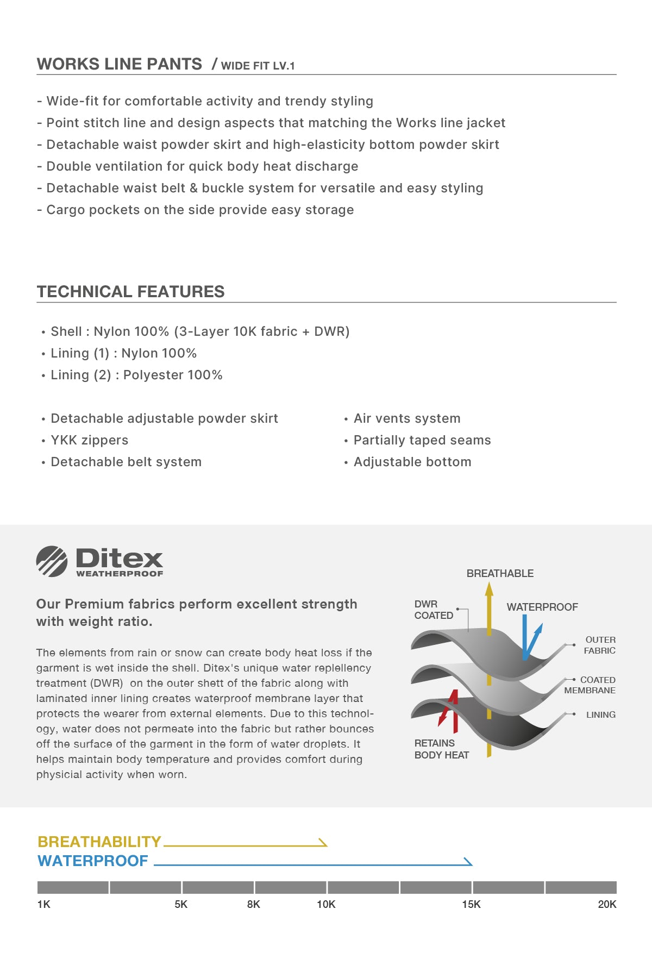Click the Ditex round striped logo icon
pyautogui.click(x=52, y=561)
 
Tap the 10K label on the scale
pyautogui.click(x=326, y=904)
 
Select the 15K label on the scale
pyautogui.click(x=471, y=904)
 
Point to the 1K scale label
pyautogui.click(x=43, y=904)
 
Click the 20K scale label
pyautogui.click(x=607, y=904)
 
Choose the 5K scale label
pyautogui.click(x=181, y=904)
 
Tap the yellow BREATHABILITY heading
pyautogui.click(x=99, y=842)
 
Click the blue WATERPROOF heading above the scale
pyautogui.click(x=93, y=861)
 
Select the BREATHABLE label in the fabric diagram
pyautogui.click(x=500, y=573)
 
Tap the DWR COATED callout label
pyautogui.click(x=434, y=610)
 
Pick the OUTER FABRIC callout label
pyautogui.click(x=600, y=645)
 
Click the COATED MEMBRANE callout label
pyautogui.click(x=590, y=685)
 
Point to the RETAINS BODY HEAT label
pyautogui.click(x=441, y=749)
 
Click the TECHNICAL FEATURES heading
pyautogui.click(x=130, y=292)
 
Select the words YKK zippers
pyautogui.click(x=90, y=440)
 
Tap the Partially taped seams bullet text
pyautogui.click(x=422, y=440)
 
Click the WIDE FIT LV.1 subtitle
pyautogui.click(x=258, y=66)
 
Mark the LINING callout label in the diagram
pyautogui.click(x=600, y=714)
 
